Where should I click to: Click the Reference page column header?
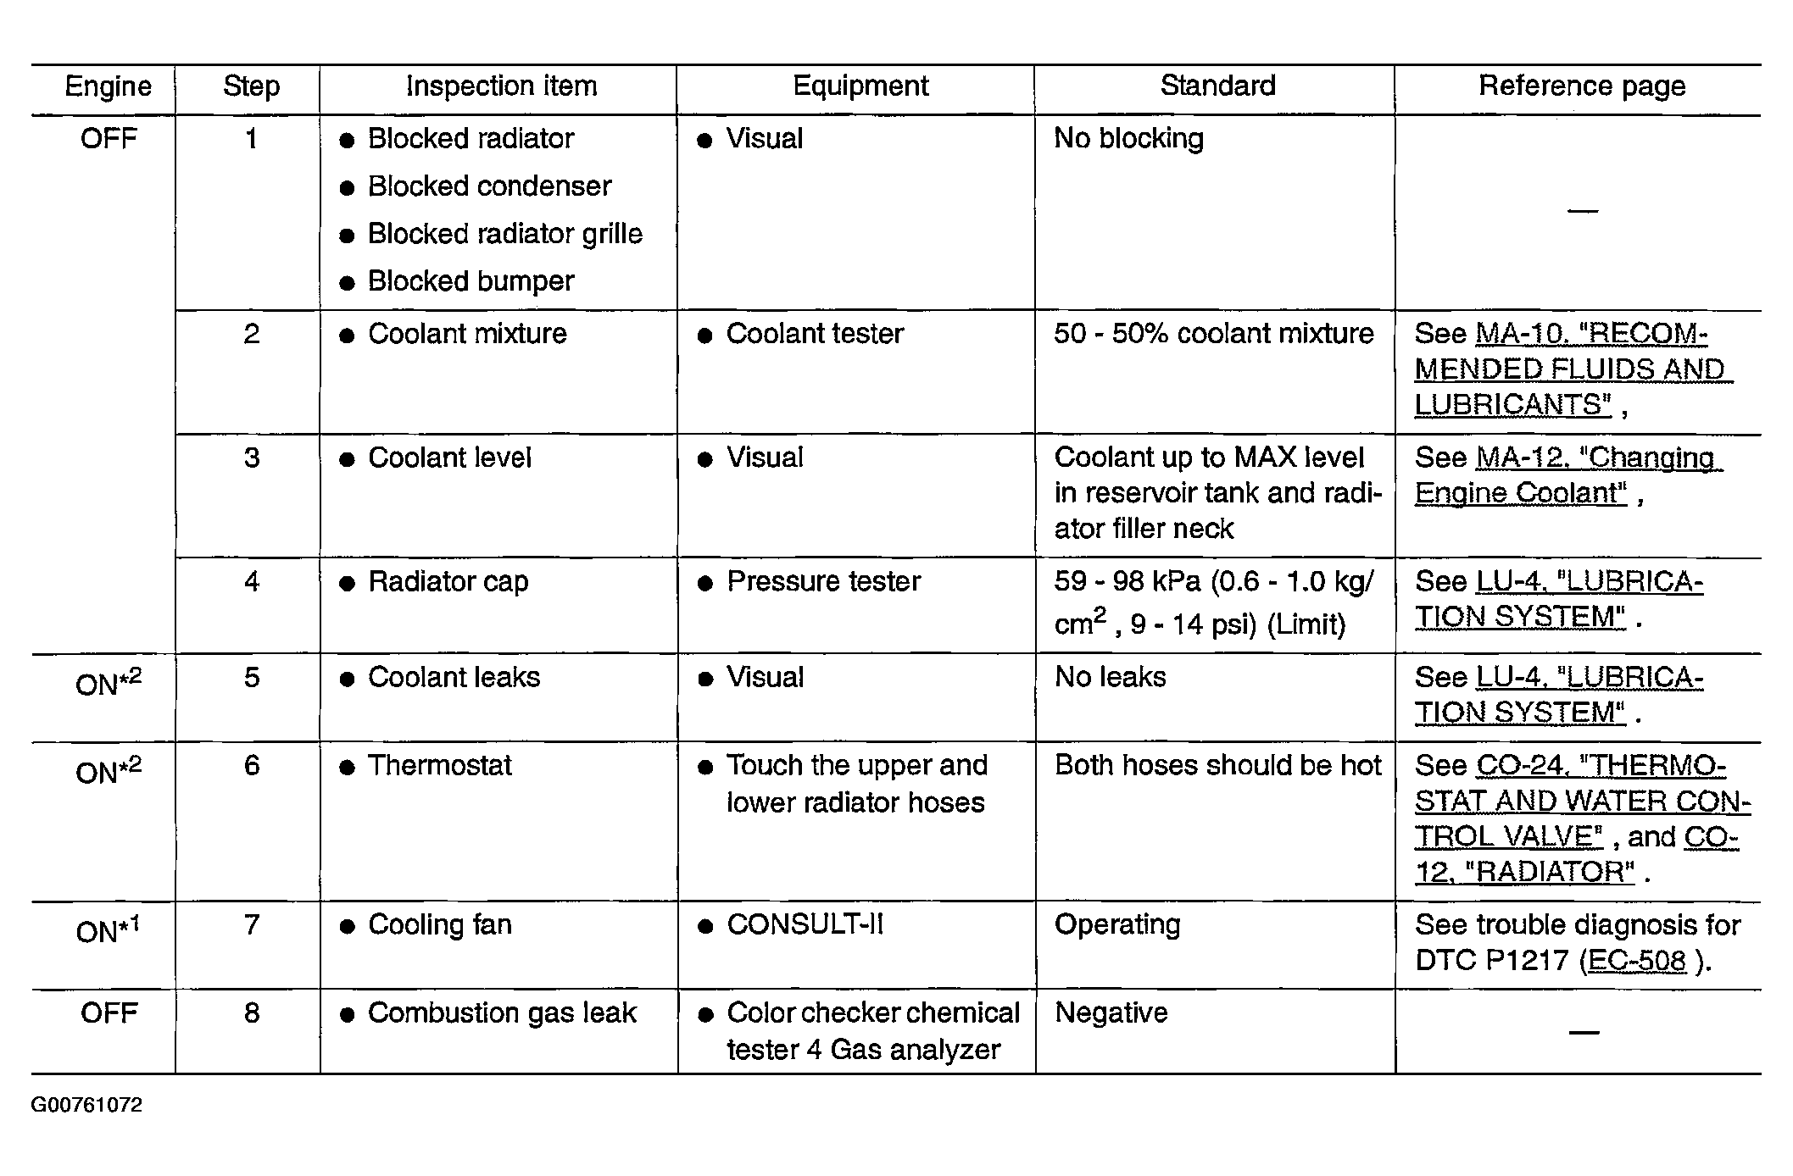[x=1581, y=86]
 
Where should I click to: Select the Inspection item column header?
[x=501, y=86]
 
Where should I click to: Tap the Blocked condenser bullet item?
[x=489, y=186]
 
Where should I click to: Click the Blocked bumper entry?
[x=471, y=281]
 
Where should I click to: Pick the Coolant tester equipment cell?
[x=815, y=334]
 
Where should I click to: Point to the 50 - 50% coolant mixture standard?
[x=1213, y=334]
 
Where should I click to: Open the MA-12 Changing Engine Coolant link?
[x=1568, y=475]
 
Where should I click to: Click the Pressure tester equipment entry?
[x=823, y=582]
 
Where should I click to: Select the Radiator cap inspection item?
[x=448, y=582]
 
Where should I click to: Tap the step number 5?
[x=252, y=678]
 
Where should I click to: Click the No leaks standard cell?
[x=1110, y=678]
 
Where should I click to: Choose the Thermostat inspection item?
[x=439, y=766]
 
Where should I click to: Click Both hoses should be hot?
[x=1217, y=766]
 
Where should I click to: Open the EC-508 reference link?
[x=1636, y=961]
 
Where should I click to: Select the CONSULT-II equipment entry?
[x=805, y=924]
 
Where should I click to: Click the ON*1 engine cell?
[x=108, y=930]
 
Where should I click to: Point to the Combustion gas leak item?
[x=501, y=1013]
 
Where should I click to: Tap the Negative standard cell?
[x=1111, y=1013]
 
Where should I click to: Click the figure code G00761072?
[x=86, y=1106]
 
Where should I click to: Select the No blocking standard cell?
[x=1128, y=139]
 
